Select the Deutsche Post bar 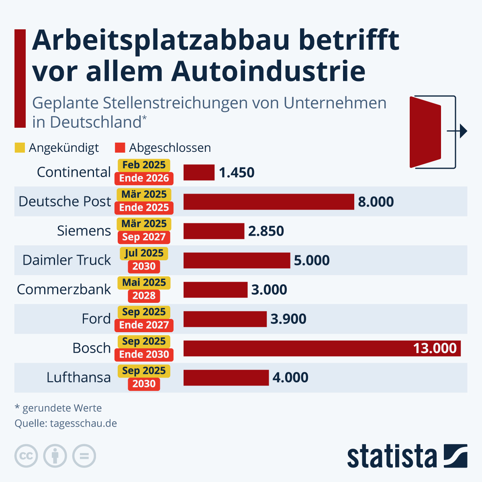(x=268, y=202)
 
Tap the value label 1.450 (x=237, y=173)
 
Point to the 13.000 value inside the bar (x=435, y=348)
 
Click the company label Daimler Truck (x=67, y=260)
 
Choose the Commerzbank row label (x=64, y=290)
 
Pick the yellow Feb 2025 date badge (x=144, y=165)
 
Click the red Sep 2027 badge (x=144, y=237)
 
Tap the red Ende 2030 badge (x=144, y=354)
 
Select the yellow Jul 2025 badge (x=144, y=253)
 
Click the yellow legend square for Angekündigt (x=20, y=148)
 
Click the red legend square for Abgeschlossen (x=120, y=148)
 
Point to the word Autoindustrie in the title (x=268, y=71)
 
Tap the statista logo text (x=392, y=457)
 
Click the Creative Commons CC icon (x=26, y=456)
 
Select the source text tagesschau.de (x=84, y=423)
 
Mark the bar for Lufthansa (x=226, y=378)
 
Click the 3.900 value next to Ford (x=288, y=319)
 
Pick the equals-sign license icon (x=84, y=456)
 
